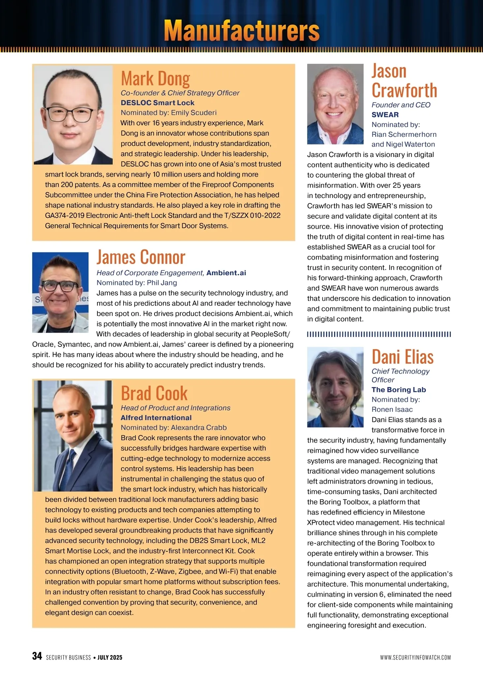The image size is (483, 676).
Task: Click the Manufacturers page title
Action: point(242,31)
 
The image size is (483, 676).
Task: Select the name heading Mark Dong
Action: point(155,78)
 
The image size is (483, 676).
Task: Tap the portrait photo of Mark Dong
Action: point(73,115)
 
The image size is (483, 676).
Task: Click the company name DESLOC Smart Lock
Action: point(157,103)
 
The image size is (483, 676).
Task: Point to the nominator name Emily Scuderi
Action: point(194,113)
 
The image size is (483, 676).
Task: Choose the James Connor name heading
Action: point(141,257)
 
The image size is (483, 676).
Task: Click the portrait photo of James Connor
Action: point(60,292)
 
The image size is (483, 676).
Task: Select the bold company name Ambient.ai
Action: point(226,273)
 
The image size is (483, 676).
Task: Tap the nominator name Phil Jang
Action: point(162,283)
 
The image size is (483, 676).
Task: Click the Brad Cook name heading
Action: point(154,393)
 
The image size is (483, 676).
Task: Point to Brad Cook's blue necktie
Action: point(72,467)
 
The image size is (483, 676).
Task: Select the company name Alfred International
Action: point(156,418)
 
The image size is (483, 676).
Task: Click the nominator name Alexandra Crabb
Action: point(199,428)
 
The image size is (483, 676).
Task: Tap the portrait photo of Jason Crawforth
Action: point(335,104)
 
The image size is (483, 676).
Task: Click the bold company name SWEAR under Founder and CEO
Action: point(385,115)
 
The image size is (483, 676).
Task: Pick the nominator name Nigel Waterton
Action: point(410,144)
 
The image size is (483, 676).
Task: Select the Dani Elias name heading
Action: point(402,357)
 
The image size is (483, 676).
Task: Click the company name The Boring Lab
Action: point(398,390)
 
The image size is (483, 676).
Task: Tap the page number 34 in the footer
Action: point(37,656)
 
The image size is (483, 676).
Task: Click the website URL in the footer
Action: point(415,657)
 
